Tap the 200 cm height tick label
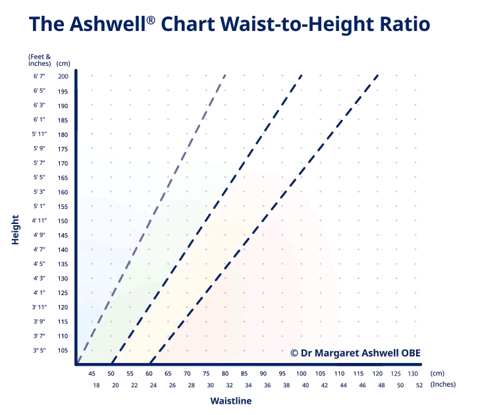(63, 76)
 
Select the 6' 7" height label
(38, 76)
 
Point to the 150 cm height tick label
(63, 221)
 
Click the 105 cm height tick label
(63, 350)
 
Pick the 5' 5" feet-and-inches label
(38, 177)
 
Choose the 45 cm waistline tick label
(92, 373)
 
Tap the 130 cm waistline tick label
(413, 373)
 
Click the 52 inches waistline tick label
(419, 385)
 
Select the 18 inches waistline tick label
(96, 385)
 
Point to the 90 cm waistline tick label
(263, 373)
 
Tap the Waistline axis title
(230, 401)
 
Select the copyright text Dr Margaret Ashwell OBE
(356, 352)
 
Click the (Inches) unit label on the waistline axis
(443, 385)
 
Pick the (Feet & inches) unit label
(39, 60)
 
